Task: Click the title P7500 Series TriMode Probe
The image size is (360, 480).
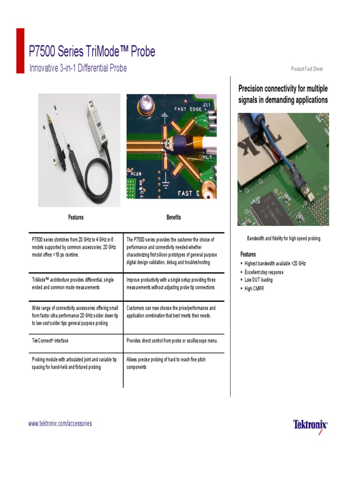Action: coord(92,52)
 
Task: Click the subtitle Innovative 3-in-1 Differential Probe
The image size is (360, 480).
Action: coord(78,68)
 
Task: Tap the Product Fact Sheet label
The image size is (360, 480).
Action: coord(307,69)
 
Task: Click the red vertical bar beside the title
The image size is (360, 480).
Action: coord(20,51)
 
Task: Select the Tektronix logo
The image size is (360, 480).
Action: coord(310,425)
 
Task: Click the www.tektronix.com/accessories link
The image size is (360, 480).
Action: coord(60,424)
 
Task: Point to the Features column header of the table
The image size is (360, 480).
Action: coord(76,217)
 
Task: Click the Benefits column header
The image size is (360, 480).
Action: coord(173,217)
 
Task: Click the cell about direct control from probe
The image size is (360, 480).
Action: coord(172,341)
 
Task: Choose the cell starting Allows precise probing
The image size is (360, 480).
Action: coord(166,363)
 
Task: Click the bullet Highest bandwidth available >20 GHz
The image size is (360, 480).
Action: coord(275,264)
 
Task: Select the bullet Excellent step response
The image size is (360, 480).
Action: coord(264,272)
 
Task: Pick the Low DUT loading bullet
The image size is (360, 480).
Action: coord(258,280)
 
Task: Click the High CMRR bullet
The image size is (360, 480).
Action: coord(254,289)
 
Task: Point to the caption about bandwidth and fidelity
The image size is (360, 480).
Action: coord(284,239)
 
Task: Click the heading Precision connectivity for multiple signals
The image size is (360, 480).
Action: coord(283,94)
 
